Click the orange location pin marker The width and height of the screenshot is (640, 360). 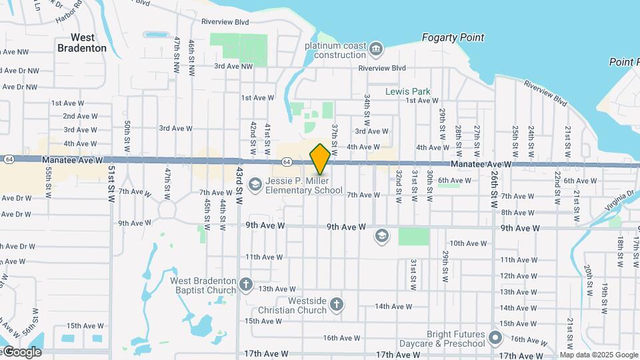(320, 159)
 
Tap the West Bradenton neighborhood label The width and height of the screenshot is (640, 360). (82, 43)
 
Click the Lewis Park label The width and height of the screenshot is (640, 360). (408, 91)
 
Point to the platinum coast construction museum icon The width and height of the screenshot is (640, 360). (376, 49)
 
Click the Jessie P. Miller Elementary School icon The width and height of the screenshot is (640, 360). (255, 183)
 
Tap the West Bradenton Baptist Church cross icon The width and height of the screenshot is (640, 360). (246, 285)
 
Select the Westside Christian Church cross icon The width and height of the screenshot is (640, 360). (337, 305)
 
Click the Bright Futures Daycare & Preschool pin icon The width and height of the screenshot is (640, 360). (495, 338)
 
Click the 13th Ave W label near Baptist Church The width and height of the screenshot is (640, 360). (277, 289)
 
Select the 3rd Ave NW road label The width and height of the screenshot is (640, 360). (233, 66)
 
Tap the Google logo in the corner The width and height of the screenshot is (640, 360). (21, 352)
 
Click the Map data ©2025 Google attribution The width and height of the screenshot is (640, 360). (599, 355)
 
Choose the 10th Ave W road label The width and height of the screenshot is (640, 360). (465, 243)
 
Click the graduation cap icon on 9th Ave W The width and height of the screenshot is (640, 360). (381, 235)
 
